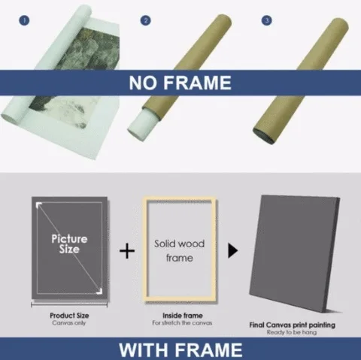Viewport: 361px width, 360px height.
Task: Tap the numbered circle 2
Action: (145, 21)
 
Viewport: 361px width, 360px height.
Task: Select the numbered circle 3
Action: (266, 21)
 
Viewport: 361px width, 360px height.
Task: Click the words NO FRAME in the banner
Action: (180, 82)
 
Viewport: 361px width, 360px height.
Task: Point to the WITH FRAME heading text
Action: (180, 349)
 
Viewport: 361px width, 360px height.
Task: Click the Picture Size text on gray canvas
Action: (69, 244)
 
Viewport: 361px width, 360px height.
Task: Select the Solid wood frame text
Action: (179, 251)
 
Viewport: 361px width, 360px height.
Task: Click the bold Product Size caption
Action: (68, 315)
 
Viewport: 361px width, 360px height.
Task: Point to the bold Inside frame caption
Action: (179, 315)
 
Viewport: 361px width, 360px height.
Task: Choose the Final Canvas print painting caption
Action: (293, 325)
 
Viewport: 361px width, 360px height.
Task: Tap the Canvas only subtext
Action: (68, 322)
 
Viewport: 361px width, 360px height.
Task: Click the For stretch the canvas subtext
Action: (179, 322)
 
